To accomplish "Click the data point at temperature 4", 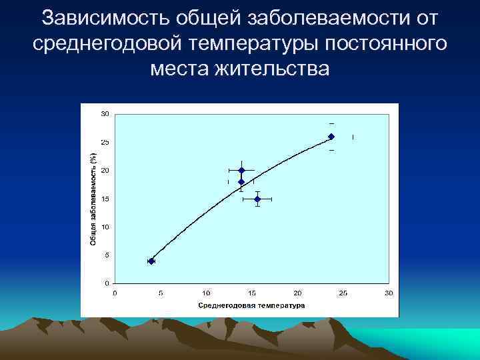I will click(151, 261).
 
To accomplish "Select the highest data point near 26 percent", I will click(331, 137).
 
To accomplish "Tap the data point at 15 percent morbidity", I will click(257, 199).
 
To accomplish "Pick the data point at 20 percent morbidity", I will click(241, 170).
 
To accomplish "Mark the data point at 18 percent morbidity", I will click(241, 182).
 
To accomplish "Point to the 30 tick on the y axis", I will click(105, 114).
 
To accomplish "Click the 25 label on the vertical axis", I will click(105, 143).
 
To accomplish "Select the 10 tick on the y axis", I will click(105, 227).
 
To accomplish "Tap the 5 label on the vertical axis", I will click(107, 255).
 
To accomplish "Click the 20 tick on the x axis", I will click(297, 293).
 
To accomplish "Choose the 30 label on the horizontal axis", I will click(389, 293).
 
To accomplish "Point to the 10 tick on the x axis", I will click(206, 293).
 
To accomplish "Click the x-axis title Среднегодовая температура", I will click(251, 305).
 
